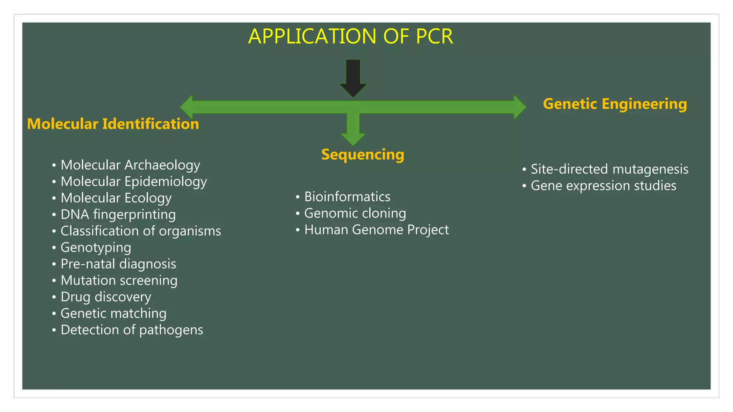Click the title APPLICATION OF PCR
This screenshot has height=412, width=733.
[x=350, y=36]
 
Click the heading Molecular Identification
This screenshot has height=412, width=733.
[x=113, y=124]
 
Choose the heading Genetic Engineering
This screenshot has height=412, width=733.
[x=615, y=104]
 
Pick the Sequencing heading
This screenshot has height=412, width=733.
[x=363, y=154]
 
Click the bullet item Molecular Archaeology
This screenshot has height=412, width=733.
[x=130, y=165]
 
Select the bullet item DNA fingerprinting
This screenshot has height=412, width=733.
[x=118, y=215]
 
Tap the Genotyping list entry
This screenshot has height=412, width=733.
[x=96, y=247]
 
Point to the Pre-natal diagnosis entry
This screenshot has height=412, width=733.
[x=118, y=264]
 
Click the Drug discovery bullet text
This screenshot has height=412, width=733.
[x=106, y=297]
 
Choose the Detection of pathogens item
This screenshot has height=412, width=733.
[x=132, y=330]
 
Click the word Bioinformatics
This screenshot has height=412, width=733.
[x=347, y=197]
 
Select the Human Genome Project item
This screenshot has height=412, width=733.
[x=376, y=230]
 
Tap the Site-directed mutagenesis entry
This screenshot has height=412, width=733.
[x=609, y=169]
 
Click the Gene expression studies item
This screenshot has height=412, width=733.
[x=603, y=186]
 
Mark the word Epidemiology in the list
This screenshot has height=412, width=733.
[x=165, y=182]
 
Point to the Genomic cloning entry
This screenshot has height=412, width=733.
[x=355, y=213]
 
